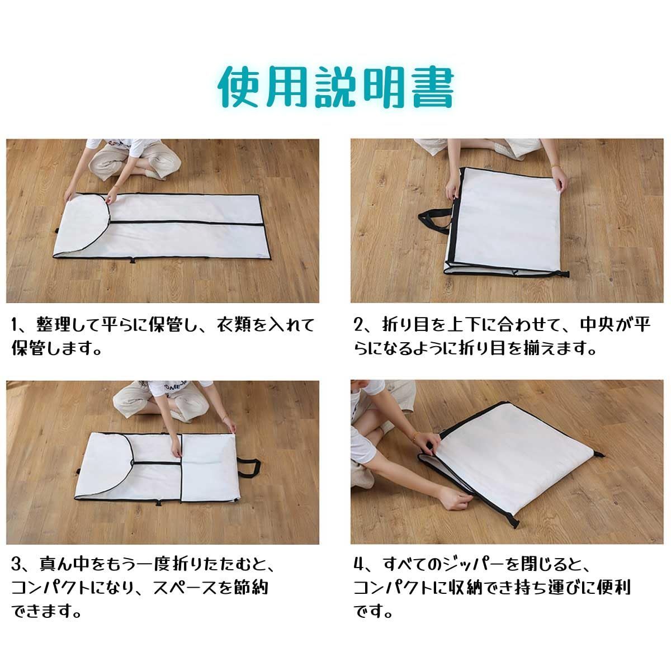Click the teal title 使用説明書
click(x=336, y=87)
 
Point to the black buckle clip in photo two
click(x=565, y=273)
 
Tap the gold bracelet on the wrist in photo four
click(x=415, y=437)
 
